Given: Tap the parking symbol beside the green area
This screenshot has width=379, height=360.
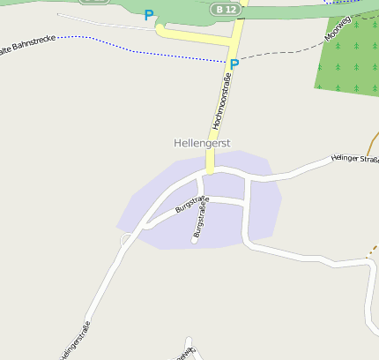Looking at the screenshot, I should pyautogui.click(x=149, y=15).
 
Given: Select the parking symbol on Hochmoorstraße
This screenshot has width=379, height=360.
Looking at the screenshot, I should pyautogui.click(x=234, y=64).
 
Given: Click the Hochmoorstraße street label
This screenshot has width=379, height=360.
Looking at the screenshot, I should pyautogui.click(x=222, y=102).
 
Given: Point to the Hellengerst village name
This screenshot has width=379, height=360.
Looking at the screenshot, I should pyautogui.click(x=202, y=142).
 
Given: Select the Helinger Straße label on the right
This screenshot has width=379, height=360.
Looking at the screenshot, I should pyautogui.click(x=354, y=159).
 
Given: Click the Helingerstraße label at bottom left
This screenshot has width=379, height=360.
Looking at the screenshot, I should pyautogui.click(x=75, y=340).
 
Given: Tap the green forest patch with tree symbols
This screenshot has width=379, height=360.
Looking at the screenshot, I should pyautogui.click(x=348, y=62).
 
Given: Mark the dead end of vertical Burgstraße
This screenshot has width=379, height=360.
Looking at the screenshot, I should pyautogui.click(x=194, y=242).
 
